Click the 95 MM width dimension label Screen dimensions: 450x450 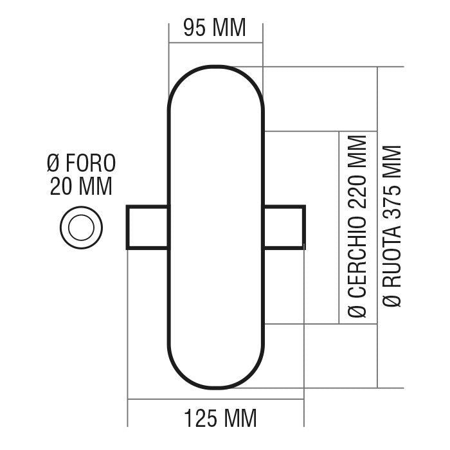coord(215,28)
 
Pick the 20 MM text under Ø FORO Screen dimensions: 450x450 coord(81,186)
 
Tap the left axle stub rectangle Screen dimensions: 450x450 coord(148,227)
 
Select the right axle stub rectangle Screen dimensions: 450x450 coord(283,227)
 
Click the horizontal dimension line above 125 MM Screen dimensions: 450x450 coord(215,400)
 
